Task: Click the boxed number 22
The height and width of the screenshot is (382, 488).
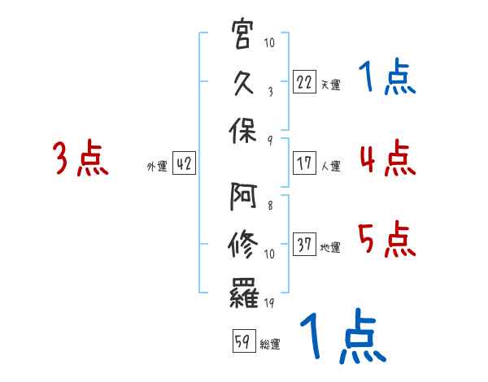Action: click(x=304, y=81)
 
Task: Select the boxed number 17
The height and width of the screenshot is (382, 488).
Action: click(x=304, y=163)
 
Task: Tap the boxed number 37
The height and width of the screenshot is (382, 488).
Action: click(x=304, y=244)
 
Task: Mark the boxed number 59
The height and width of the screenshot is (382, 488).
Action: click(x=243, y=341)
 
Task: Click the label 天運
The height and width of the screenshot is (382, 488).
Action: click(x=330, y=85)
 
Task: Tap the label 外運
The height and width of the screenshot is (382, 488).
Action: click(x=157, y=167)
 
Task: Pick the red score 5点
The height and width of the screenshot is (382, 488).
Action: click(x=387, y=239)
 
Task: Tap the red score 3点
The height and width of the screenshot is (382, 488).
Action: click(x=81, y=158)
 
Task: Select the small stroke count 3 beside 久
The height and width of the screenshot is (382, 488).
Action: click(x=269, y=92)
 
